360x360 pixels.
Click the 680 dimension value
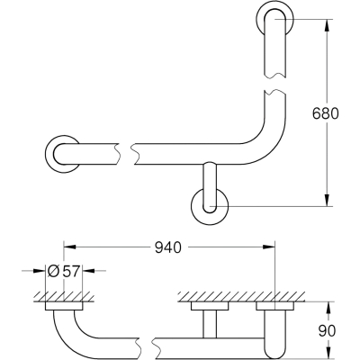click(326, 113)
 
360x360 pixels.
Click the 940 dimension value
click(168, 247)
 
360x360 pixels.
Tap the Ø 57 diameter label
click(64, 271)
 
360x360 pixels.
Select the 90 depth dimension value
click(327, 331)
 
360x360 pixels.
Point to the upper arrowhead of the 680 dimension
click(327, 25)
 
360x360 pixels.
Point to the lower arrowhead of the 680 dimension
click(327, 200)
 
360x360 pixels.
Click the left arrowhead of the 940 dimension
click(69, 247)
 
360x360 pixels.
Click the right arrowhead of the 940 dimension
click(269, 247)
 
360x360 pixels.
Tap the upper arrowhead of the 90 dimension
click(329, 307)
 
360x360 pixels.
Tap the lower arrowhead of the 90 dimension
click(329, 354)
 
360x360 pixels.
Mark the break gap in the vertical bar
click(275, 85)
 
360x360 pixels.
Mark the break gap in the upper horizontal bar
click(126, 154)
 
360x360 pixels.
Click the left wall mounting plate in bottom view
click(64, 305)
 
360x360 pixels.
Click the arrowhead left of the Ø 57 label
click(40, 271)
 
